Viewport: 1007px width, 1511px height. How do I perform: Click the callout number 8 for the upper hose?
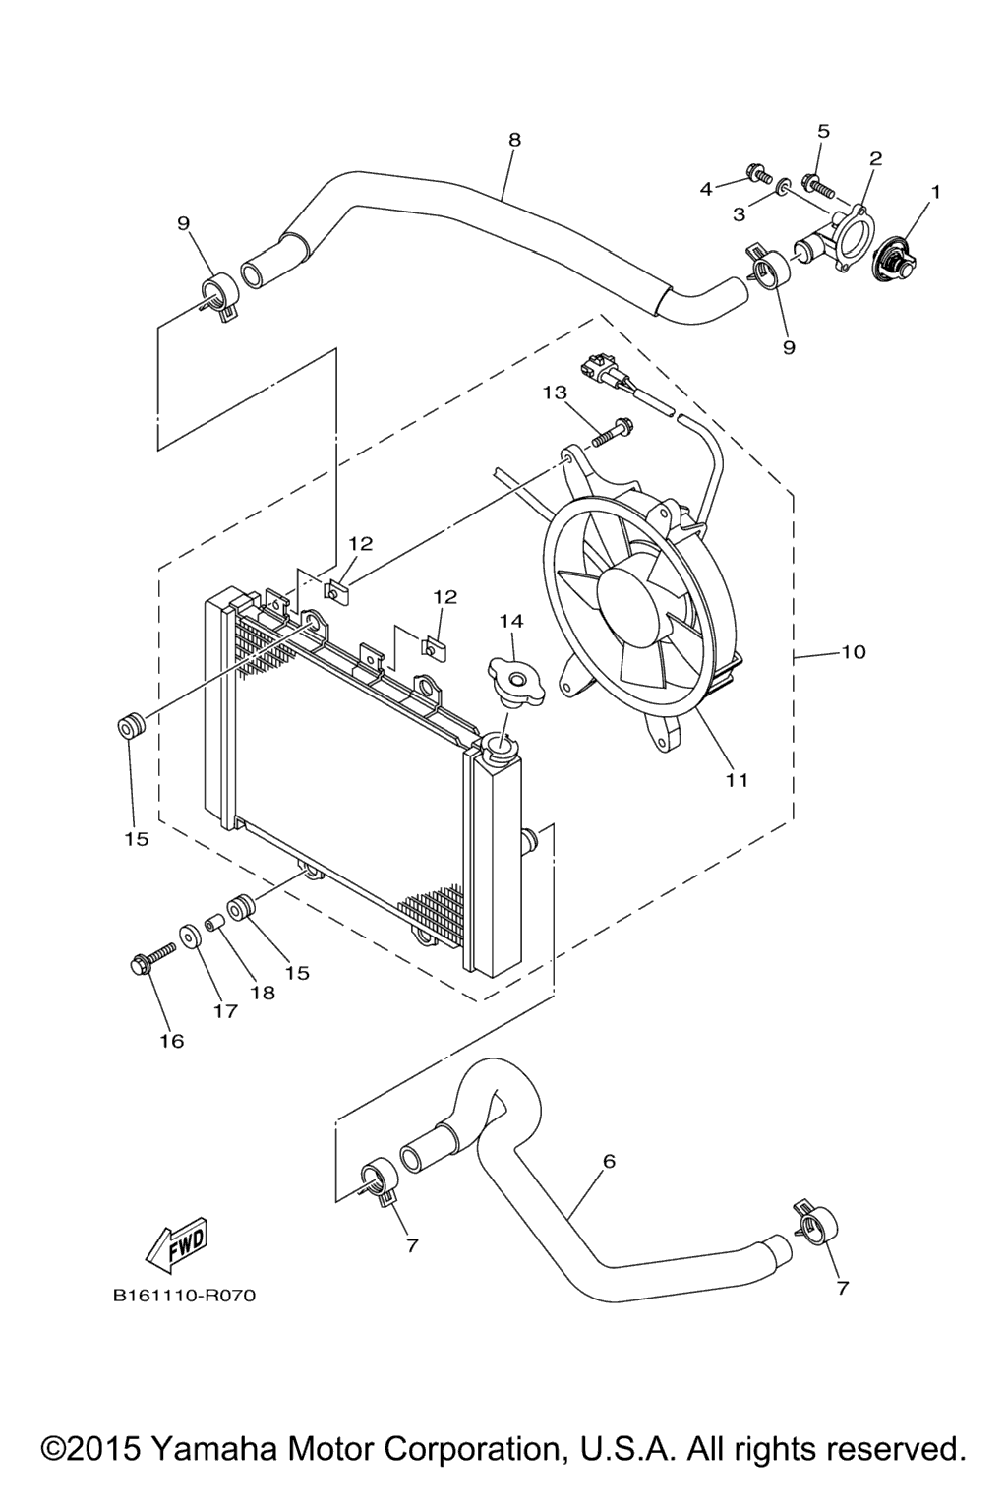click(514, 140)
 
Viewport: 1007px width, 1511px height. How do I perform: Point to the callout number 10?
click(853, 652)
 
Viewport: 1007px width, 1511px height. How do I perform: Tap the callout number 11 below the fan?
click(737, 780)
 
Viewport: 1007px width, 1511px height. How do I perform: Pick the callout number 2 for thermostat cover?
click(875, 158)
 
